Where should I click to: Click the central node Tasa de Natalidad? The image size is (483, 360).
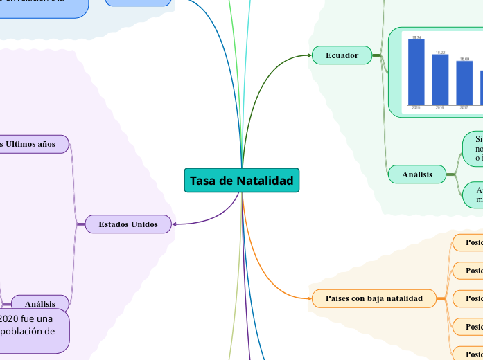pos(242,180)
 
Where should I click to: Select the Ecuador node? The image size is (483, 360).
pos(342,55)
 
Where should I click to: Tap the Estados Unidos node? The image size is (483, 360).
pos(128,224)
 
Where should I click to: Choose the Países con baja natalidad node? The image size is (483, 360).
pos(374,298)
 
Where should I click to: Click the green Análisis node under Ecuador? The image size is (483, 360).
pos(417,174)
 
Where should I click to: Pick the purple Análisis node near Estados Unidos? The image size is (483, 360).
pos(40,303)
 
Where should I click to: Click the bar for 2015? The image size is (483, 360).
pos(416,72)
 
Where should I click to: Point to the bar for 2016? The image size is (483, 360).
pos(440,79)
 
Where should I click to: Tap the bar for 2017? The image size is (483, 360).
pos(464,82)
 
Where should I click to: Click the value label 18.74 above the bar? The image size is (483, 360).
pos(416,37)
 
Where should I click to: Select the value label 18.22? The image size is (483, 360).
pos(440,52)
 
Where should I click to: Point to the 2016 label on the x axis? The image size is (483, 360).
pos(440,108)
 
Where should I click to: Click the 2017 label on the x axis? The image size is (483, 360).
pos(464,108)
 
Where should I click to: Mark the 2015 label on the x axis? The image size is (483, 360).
pos(416,108)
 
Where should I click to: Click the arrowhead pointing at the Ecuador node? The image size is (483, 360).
pos(310,55)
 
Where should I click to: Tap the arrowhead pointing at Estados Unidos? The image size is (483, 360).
pos(175,224)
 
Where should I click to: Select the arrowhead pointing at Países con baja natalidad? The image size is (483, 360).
pos(309,298)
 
